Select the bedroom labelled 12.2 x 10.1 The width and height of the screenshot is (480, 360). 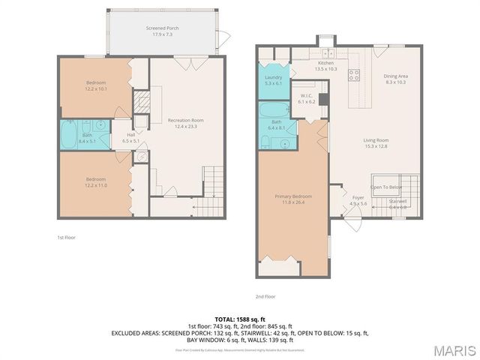click(95, 85)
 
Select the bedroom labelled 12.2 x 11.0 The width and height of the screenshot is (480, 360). click(95, 181)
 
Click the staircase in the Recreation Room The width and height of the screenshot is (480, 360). click(214, 181)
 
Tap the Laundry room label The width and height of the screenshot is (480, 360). click(273, 80)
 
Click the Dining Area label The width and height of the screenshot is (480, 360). click(395, 79)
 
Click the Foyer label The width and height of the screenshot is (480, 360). click(358, 200)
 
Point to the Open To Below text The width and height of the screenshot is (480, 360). click(386, 187)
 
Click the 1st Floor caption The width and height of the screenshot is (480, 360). click(67, 238)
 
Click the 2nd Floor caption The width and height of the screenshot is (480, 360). click(265, 296)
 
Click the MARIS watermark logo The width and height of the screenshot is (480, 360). click(454, 350)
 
